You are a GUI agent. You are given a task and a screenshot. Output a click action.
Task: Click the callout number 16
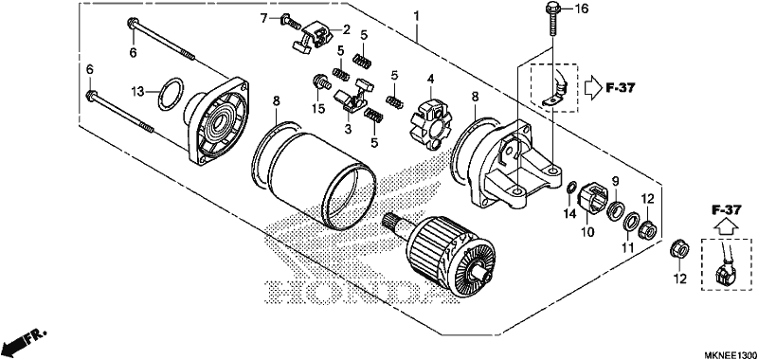point(582,9)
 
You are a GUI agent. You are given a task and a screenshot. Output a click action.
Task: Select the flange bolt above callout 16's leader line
point(552,20)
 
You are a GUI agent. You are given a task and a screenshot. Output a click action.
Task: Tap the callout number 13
point(138,91)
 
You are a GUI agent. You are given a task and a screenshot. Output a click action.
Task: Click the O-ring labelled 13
point(171,94)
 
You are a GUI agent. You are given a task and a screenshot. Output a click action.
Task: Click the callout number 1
point(416,16)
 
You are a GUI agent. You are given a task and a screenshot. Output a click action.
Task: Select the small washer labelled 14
point(570,187)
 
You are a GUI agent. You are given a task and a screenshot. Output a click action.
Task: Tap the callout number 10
point(587,232)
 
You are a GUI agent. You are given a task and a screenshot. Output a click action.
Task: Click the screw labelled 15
point(320,84)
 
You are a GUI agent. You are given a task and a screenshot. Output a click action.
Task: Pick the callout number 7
point(264,19)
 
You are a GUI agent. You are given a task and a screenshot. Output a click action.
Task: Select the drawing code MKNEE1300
point(730,354)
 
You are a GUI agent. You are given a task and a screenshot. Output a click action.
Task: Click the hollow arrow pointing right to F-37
point(592,87)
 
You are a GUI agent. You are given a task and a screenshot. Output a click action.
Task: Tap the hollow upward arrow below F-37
point(727,225)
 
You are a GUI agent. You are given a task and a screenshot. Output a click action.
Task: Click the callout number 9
point(615,181)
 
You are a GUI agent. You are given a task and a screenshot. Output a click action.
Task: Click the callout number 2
point(346,30)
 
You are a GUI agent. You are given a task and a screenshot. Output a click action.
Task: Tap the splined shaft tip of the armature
point(390,223)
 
